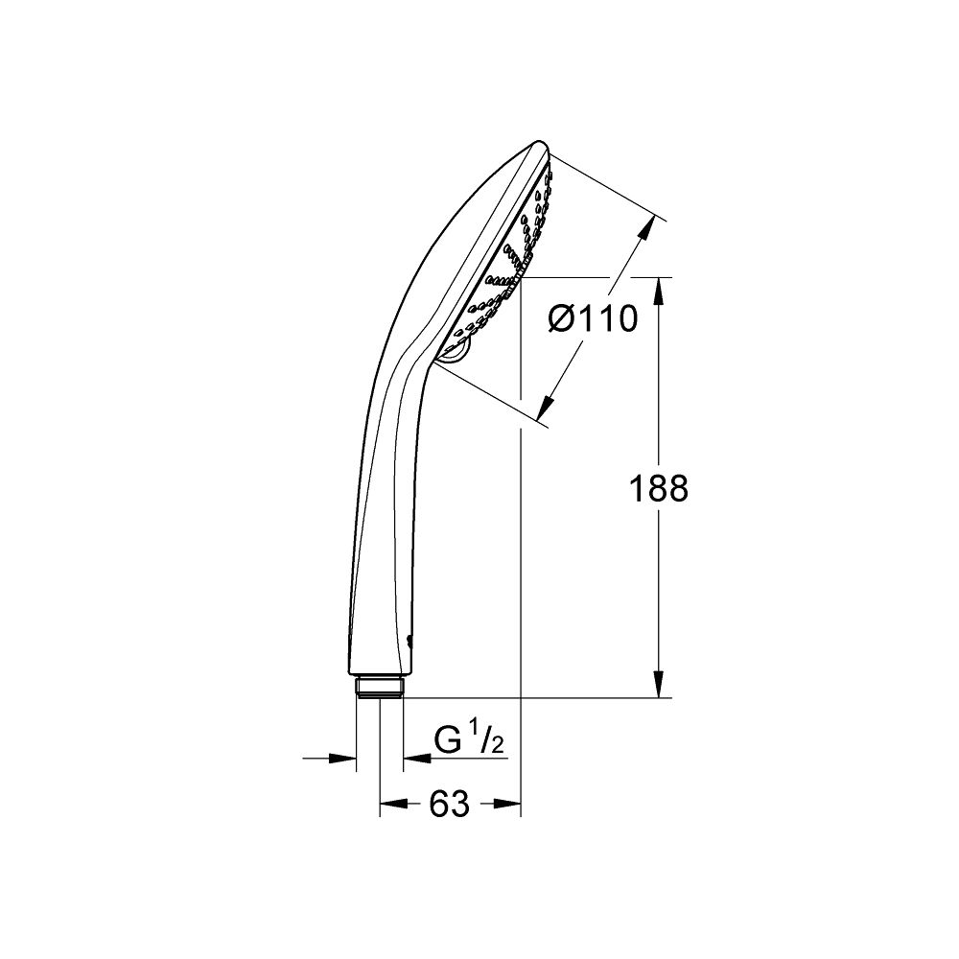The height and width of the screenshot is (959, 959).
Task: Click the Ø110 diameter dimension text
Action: (593, 317)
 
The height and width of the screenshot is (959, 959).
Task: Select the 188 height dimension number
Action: (659, 489)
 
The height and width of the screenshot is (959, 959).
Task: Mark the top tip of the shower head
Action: (538, 147)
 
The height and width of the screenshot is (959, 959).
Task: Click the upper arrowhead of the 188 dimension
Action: (659, 289)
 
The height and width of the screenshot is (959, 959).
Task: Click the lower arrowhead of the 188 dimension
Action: (659, 685)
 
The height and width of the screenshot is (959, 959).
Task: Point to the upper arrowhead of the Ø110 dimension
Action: (651, 229)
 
